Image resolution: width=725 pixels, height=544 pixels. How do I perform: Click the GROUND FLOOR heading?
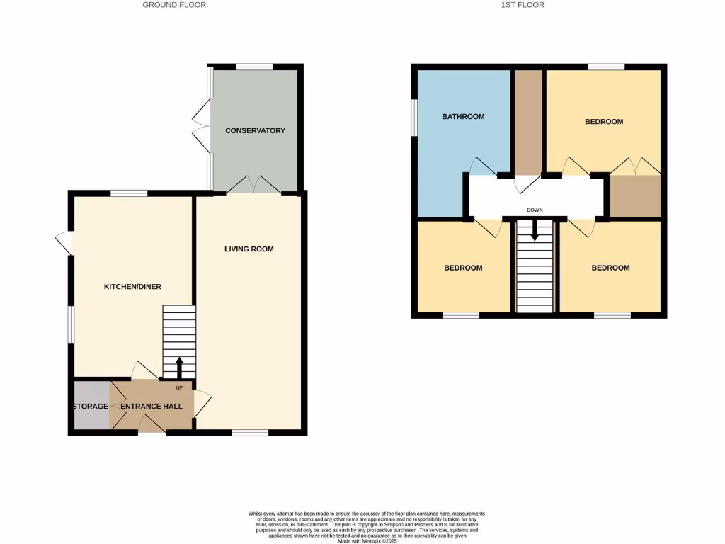pos(174,5)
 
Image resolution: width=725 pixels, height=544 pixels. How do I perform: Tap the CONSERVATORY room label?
pos(255,130)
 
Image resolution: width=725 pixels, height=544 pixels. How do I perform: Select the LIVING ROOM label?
pos(249,249)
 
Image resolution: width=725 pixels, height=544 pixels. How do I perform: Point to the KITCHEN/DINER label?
pos(132,287)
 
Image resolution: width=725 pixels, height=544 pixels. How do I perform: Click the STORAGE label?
pos(91,407)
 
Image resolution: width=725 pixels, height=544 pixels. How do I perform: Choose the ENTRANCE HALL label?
pos(151,407)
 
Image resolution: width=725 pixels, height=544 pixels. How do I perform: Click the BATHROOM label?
pos(463,116)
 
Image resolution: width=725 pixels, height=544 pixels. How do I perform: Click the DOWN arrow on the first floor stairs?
pos(535,230)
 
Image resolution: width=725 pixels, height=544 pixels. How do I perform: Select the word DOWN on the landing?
pos(535,210)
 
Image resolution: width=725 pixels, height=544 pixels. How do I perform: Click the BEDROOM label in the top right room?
pos(603,122)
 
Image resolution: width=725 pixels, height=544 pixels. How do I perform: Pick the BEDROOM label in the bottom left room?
pos(463,268)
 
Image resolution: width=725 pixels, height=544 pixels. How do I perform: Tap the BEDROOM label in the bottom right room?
pos(610,268)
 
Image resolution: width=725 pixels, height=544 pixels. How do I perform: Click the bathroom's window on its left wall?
pos(415,115)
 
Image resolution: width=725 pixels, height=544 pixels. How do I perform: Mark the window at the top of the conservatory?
pos(254,67)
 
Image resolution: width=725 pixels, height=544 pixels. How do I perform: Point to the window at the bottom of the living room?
pos(250,432)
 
